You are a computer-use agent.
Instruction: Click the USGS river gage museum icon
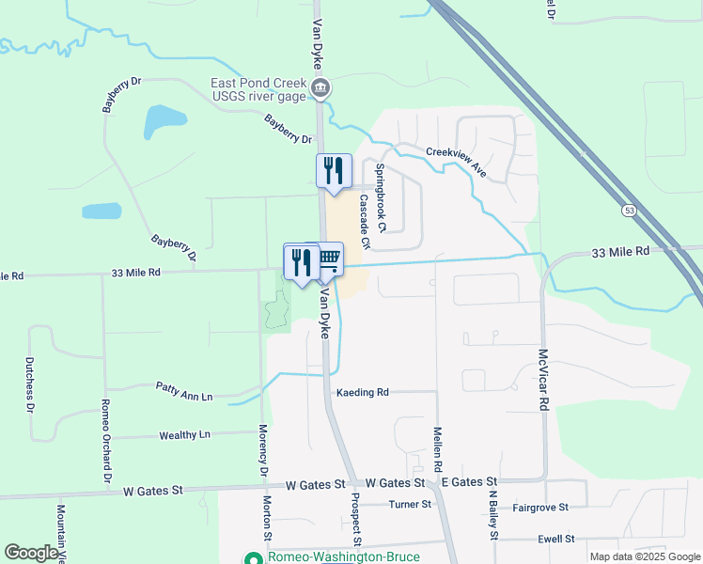pyautogui.click(x=320, y=89)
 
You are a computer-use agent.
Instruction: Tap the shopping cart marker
pyautogui.click(x=328, y=258)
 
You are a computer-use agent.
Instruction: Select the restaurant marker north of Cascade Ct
pyautogui.click(x=333, y=170)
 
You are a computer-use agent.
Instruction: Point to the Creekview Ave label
pyautogui.click(x=456, y=162)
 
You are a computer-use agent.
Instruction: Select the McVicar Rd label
pyautogui.click(x=542, y=380)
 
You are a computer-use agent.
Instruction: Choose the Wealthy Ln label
pyautogui.click(x=185, y=435)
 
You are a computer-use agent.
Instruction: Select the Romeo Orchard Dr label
pyautogui.click(x=106, y=442)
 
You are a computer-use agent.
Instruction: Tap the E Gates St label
pyautogui.click(x=468, y=482)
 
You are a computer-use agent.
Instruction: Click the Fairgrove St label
pyautogui.click(x=540, y=508)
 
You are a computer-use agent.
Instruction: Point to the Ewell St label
pyautogui.click(x=556, y=539)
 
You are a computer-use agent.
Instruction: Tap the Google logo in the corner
pyautogui.click(x=31, y=553)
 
